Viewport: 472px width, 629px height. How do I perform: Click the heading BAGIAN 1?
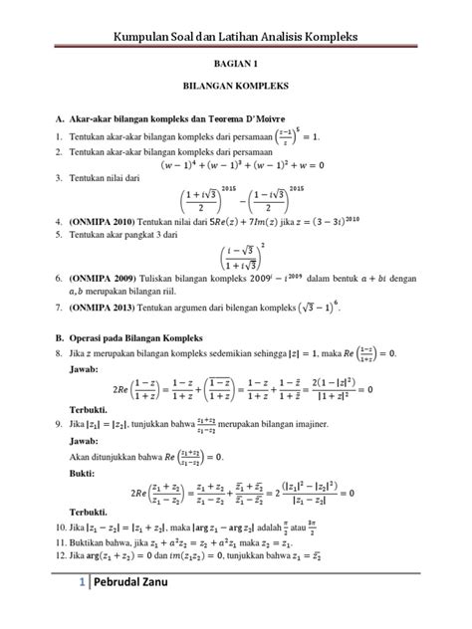pos(236,62)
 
